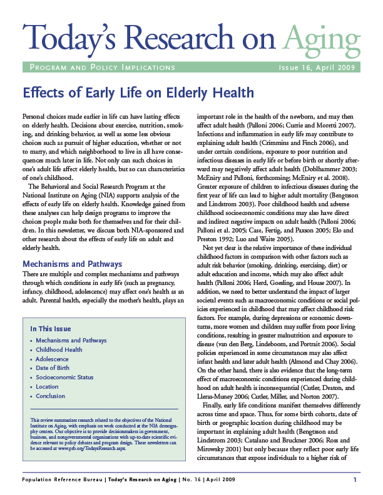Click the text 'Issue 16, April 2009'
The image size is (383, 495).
coord(318,67)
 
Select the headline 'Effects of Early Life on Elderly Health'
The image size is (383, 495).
coord(138,93)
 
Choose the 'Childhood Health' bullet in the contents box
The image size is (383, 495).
coord(59,350)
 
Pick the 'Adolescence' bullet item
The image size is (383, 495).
coord(53,359)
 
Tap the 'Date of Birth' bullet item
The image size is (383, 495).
coord(54,368)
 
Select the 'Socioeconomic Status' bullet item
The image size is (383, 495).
coord(65,377)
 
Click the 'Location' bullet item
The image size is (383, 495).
coord(48,387)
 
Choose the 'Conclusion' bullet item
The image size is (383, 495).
coord(51,396)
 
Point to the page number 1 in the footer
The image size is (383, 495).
coord(354,479)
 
